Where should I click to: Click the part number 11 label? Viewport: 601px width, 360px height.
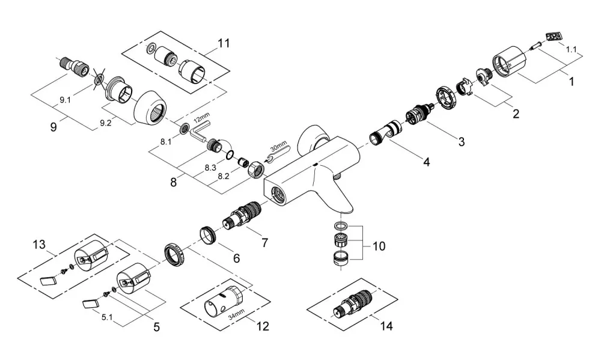(x=224, y=43)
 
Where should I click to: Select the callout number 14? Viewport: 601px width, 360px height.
(x=386, y=326)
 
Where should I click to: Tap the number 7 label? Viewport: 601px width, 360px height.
(x=264, y=243)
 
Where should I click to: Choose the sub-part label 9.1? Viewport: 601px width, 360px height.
(x=65, y=100)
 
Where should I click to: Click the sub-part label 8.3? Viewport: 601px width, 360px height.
(x=210, y=168)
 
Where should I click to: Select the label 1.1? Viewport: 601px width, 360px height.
(x=572, y=49)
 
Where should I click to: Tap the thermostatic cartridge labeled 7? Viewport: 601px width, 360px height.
(x=242, y=217)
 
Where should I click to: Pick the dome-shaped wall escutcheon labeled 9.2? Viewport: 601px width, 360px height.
(x=150, y=109)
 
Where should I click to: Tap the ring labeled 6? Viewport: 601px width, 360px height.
(x=208, y=234)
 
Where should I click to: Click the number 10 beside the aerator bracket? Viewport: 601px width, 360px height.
(x=379, y=246)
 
